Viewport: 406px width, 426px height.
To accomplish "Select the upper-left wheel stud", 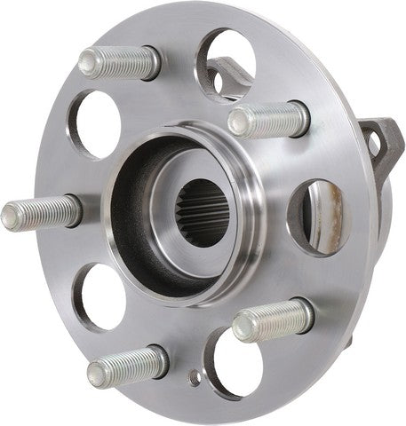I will coord(119,62).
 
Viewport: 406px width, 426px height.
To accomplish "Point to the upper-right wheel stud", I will coord(267,117).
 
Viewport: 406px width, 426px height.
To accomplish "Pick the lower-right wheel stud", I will coord(274,320).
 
